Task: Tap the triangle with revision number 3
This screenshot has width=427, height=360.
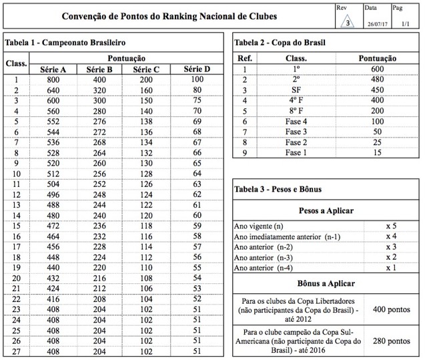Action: coord(348,23)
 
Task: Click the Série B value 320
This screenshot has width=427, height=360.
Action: coord(99,90)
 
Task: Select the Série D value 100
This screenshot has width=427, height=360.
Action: coord(197,79)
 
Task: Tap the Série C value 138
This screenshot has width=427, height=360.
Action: coord(146,123)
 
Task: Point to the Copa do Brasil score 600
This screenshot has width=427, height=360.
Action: coord(378,69)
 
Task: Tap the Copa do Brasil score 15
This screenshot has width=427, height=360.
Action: coord(378,152)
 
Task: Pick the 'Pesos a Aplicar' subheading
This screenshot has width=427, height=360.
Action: coord(326,210)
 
